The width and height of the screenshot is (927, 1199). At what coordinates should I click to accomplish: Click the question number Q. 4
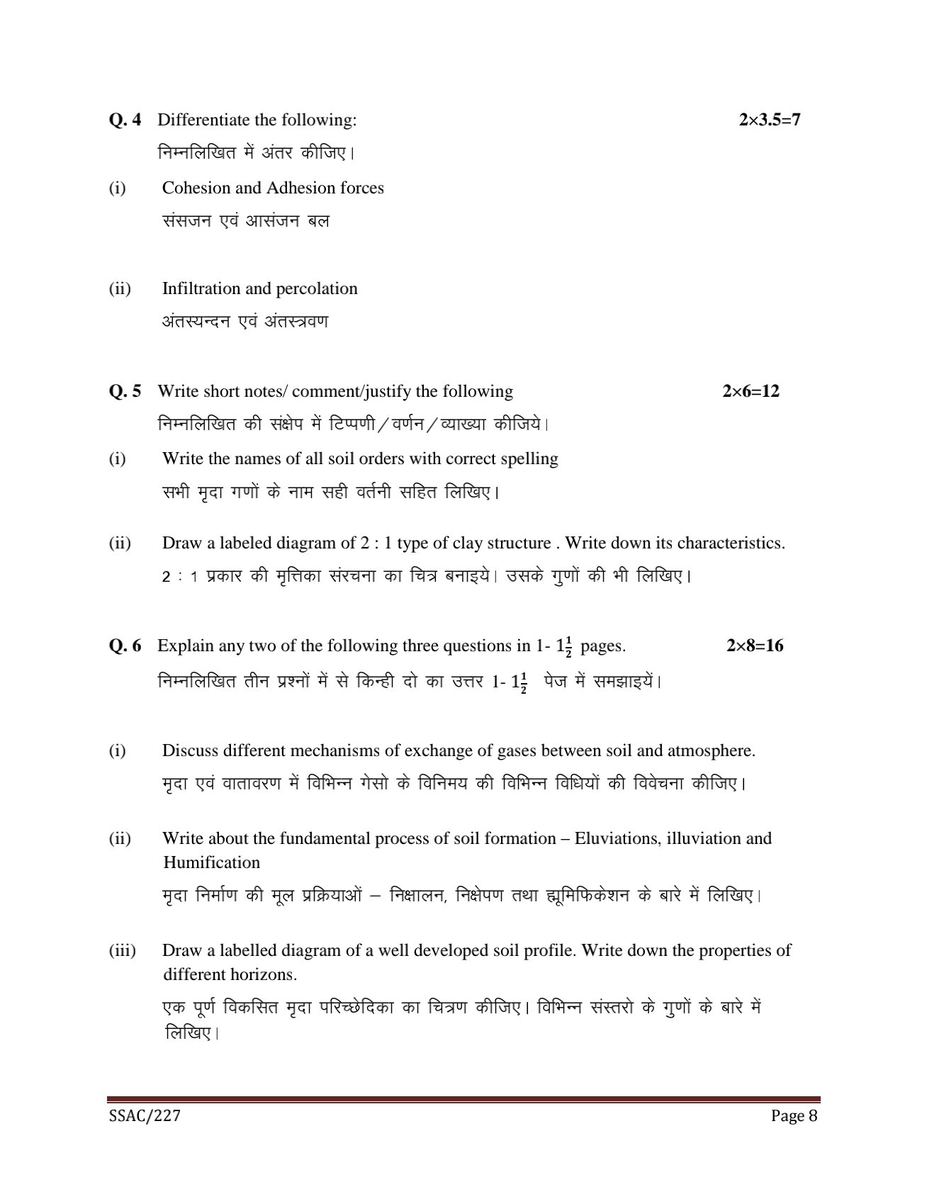point(125,120)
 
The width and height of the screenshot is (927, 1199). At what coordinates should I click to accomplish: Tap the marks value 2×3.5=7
point(769,120)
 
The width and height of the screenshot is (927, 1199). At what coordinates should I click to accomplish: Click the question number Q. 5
point(125,391)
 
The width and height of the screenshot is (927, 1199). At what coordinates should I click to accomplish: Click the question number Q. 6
point(125,646)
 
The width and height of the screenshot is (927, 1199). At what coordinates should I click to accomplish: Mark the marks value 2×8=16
point(755,646)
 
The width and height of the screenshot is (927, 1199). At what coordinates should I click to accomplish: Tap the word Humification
point(211,862)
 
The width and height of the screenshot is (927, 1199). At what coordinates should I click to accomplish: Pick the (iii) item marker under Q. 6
point(122,950)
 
